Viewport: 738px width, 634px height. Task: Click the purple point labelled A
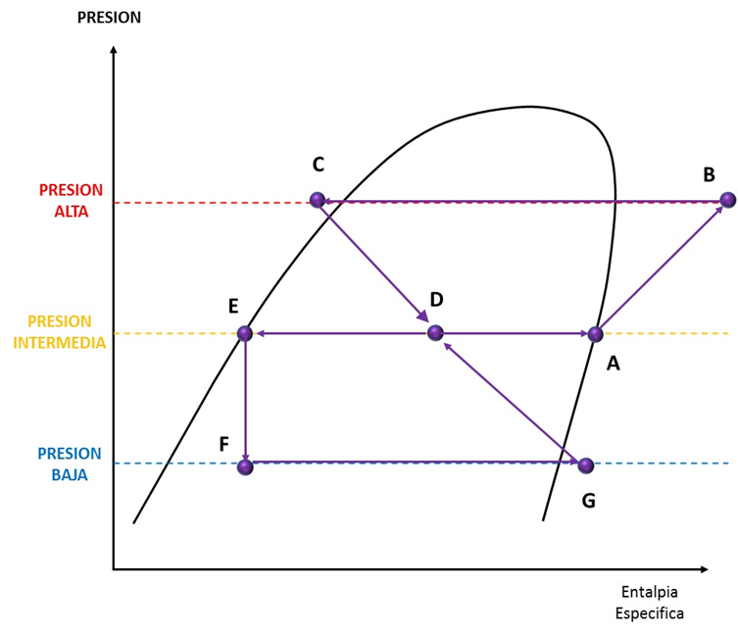coord(595,334)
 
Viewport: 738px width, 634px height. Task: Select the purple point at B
coord(727,200)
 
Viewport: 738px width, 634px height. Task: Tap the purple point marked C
coord(317,200)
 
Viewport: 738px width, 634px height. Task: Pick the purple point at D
coord(435,333)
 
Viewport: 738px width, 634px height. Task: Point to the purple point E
coord(244,333)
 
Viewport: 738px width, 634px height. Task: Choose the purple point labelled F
coord(245,466)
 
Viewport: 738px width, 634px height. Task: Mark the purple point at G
coord(586,464)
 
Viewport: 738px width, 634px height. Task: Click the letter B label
coord(709,175)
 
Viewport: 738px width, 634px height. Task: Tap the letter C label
coord(319,164)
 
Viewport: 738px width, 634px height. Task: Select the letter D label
coord(437,299)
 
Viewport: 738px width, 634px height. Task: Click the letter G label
coord(588,500)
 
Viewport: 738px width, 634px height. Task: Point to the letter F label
coord(224,444)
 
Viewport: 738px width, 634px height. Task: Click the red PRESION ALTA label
coord(70,199)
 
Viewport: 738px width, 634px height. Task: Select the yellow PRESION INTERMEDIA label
coord(59,331)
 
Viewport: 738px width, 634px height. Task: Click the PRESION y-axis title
coord(109,17)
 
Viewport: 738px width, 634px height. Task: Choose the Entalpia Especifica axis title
coord(649,603)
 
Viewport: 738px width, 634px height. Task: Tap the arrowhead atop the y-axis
coord(114,51)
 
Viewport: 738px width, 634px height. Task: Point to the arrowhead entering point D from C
coord(422,317)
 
